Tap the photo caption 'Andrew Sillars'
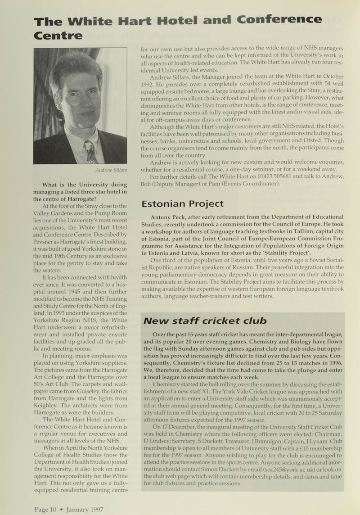(110, 172)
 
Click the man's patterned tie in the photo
(90, 151)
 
